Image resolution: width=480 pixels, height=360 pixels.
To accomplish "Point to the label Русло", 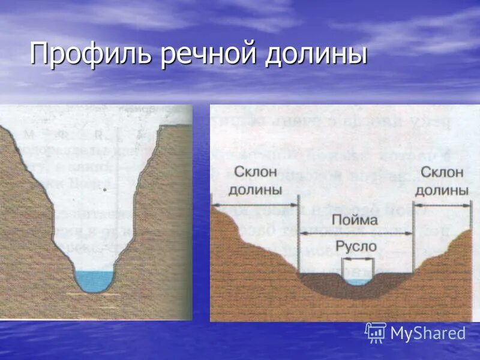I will tap(356, 246).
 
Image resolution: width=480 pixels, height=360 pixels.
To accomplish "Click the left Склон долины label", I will tap(255, 181).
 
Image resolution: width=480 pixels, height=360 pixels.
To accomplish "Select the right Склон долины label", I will tap(442, 181).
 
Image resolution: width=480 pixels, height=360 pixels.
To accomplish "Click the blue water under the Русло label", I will tap(358, 281).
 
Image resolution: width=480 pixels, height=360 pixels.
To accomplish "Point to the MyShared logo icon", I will tap(375, 332).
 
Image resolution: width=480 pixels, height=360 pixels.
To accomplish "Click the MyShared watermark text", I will tap(428, 333).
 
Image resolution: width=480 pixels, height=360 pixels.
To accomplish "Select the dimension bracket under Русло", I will tap(358, 259).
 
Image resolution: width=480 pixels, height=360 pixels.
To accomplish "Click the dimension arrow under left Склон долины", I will tap(255, 205).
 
